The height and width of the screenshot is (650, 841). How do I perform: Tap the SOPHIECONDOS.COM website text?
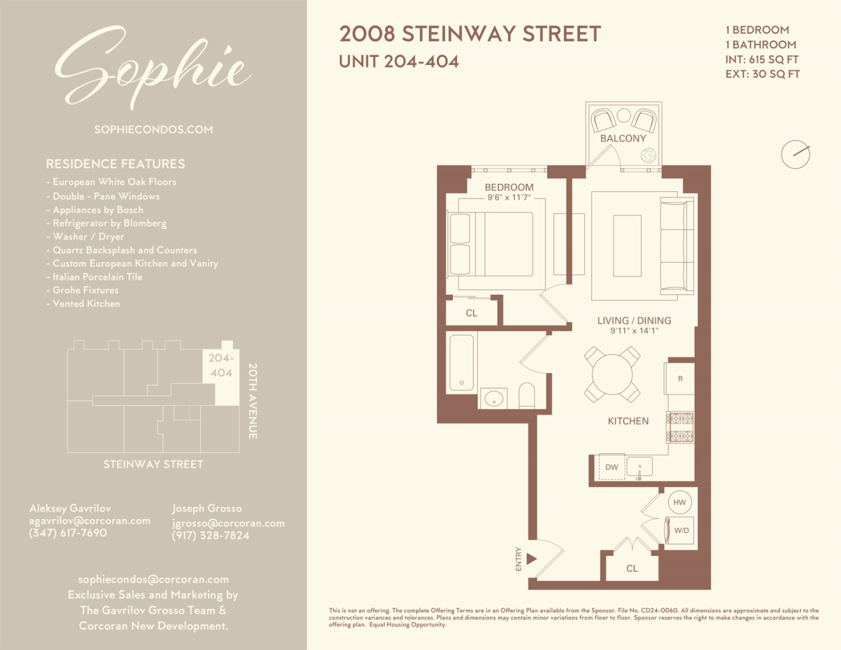click(x=153, y=129)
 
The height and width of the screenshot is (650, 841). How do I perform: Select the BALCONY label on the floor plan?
click(x=623, y=138)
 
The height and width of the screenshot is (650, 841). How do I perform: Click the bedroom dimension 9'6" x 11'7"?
click(x=509, y=198)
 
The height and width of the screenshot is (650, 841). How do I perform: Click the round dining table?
click(x=612, y=374)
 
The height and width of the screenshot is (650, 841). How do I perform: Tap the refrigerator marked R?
click(x=680, y=378)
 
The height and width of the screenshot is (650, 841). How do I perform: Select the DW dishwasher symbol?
click(x=612, y=467)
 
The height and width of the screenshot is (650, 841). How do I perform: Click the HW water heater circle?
click(x=679, y=502)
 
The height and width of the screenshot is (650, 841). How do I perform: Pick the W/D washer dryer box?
click(x=680, y=530)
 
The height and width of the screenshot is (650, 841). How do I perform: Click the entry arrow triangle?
click(x=532, y=558)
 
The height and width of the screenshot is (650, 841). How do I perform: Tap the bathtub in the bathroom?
click(x=461, y=362)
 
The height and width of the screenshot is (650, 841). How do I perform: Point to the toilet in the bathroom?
click(x=526, y=395)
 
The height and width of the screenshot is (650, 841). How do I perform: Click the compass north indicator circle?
click(x=795, y=154)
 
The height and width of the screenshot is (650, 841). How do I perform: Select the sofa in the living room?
click(x=677, y=246)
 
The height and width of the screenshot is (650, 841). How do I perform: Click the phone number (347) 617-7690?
click(x=68, y=533)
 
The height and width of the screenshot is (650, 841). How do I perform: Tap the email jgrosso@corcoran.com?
click(x=228, y=523)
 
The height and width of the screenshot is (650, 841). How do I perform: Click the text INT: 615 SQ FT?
click(x=762, y=59)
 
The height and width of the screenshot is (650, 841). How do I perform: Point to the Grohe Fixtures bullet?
click(x=85, y=290)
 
